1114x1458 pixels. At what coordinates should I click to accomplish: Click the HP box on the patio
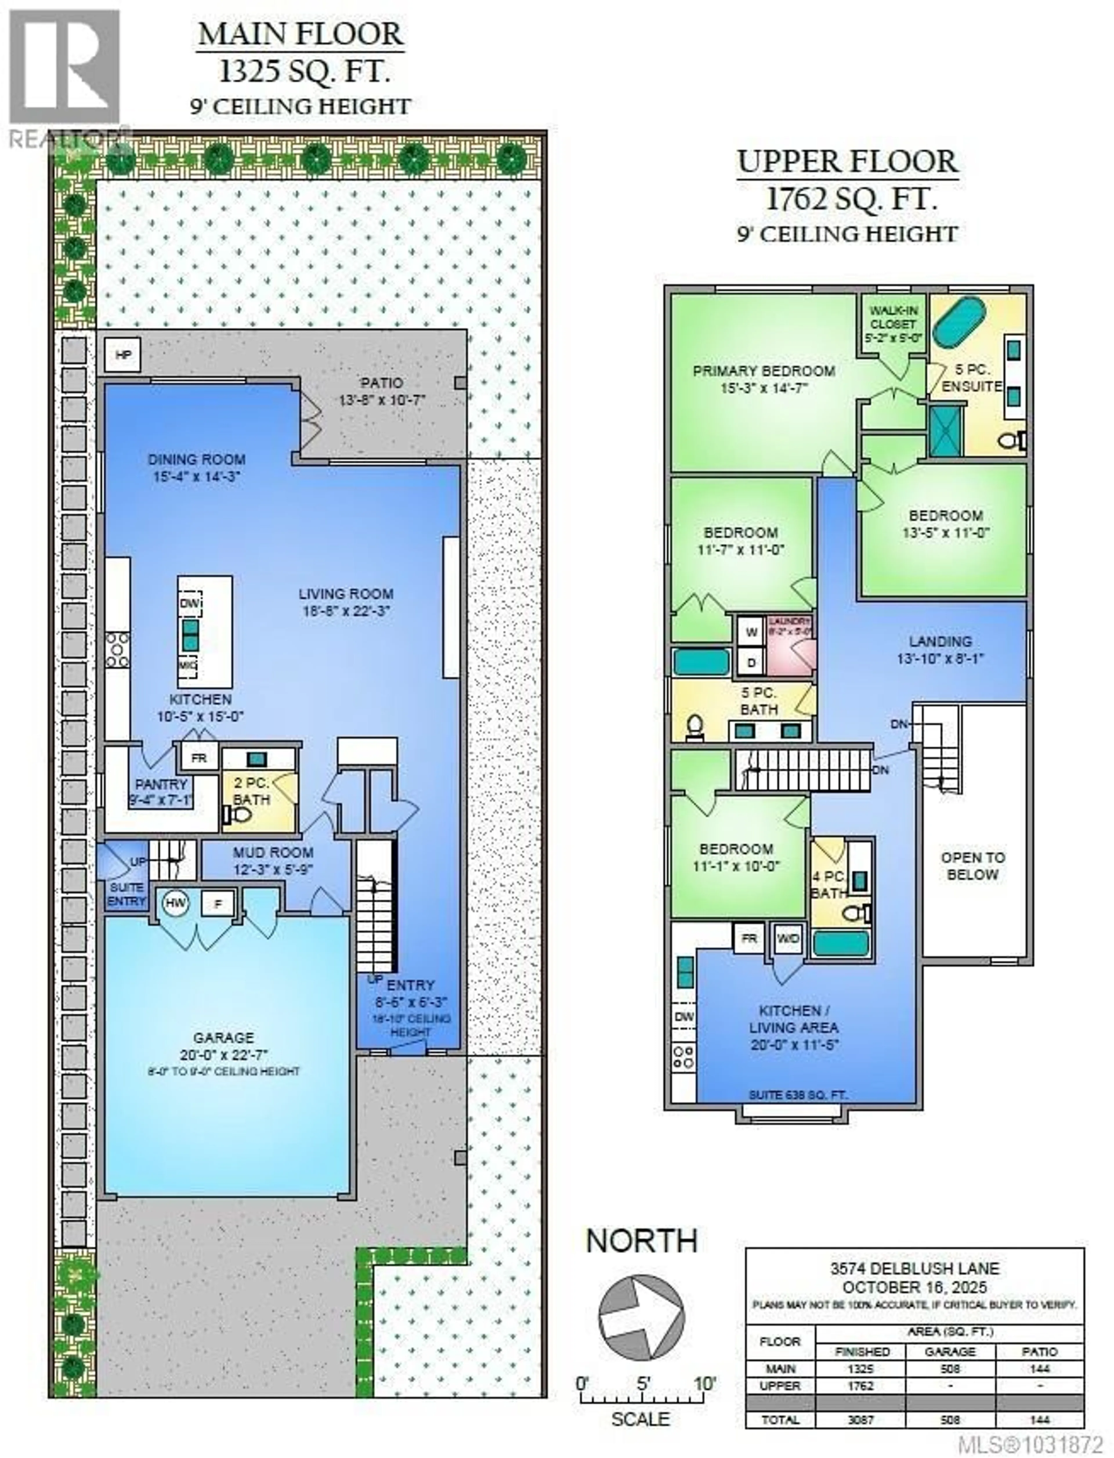123,355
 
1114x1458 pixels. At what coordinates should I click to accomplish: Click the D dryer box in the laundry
751,662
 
